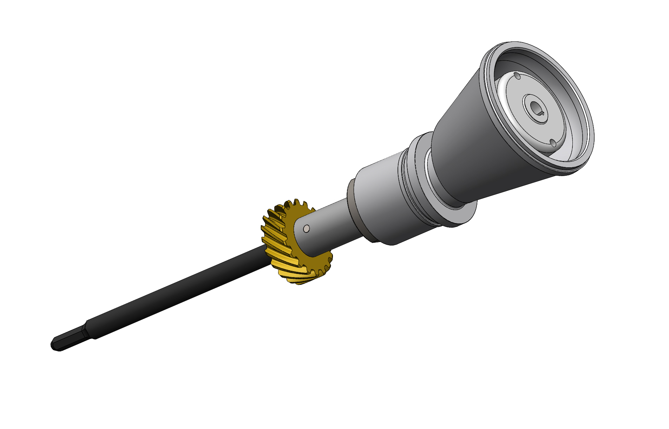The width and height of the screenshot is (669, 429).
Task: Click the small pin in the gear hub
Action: tap(306, 229)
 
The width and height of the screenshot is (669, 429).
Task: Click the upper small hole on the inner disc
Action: tap(517, 76)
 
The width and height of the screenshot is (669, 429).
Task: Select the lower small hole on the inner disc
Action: tap(553, 143)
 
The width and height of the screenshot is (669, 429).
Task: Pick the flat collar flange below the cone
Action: tap(457, 214)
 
